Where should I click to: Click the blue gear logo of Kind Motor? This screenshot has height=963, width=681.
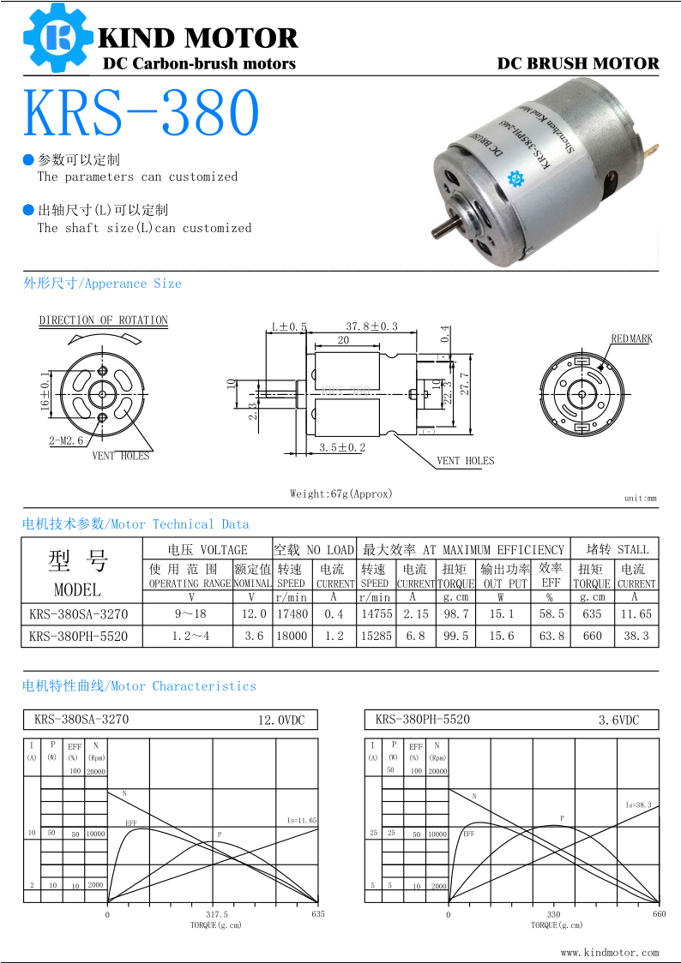57,37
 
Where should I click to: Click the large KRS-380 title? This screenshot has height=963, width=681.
142,111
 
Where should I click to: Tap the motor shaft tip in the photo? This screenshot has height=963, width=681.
438,232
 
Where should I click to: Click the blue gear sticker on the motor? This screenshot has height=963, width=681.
516,178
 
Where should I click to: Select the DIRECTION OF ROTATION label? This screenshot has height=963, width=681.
103,320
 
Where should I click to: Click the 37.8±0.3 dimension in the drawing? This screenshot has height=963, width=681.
371,326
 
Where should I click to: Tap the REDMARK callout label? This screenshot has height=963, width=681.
631,339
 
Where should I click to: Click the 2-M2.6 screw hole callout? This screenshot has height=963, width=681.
66,440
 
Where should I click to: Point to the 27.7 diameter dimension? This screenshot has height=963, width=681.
466,383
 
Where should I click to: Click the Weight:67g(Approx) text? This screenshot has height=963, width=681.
340,493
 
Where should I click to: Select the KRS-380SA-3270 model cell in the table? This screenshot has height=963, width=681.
78,614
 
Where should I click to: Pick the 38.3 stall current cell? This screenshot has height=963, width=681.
636,637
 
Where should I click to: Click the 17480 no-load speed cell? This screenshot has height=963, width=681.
292,614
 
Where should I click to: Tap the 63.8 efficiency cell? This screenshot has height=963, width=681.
551,637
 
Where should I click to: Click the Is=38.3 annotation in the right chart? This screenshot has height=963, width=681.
639,805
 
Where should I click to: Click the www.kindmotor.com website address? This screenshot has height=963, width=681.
610,952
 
